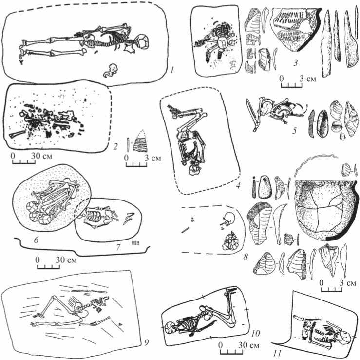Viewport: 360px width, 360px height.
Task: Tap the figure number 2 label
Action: coord(115,146)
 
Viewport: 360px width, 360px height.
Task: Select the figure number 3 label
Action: coord(296,62)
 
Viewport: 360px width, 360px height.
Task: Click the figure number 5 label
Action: coord(295,130)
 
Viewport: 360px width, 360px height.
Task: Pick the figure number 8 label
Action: coord(246,257)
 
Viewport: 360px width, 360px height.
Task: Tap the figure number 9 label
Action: coord(146,342)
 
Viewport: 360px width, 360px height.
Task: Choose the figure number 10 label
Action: coord(255,333)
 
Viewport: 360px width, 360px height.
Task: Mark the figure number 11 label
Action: coord(278,353)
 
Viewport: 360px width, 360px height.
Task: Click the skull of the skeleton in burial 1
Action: coord(143,41)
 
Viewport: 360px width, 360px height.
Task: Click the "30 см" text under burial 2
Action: coord(42,156)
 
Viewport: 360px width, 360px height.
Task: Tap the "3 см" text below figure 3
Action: coord(308,79)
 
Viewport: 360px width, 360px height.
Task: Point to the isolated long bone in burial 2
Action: coord(17,134)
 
